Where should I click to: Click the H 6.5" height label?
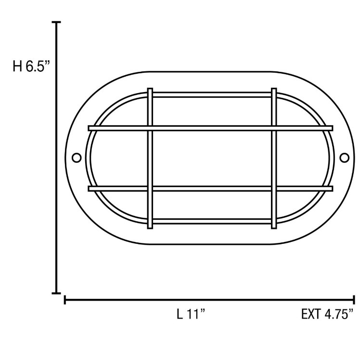pos(31,67)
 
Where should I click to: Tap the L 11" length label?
pos(191,315)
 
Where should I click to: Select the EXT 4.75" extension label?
pos(328,315)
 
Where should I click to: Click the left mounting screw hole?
pos(76,158)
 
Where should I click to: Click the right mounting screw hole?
pos(344,158)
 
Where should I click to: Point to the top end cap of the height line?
pos(57,23)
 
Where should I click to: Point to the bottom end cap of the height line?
pos(57,293)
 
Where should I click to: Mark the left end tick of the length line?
pos(65,300)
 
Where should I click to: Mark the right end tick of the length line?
pos(354,300)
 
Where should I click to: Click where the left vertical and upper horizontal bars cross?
pos(150,128)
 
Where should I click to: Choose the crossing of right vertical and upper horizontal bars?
pos(274,128)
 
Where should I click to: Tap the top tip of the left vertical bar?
pos(150,90)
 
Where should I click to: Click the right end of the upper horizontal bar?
pos(331,128)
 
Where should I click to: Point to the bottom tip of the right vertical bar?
pos(274,226)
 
